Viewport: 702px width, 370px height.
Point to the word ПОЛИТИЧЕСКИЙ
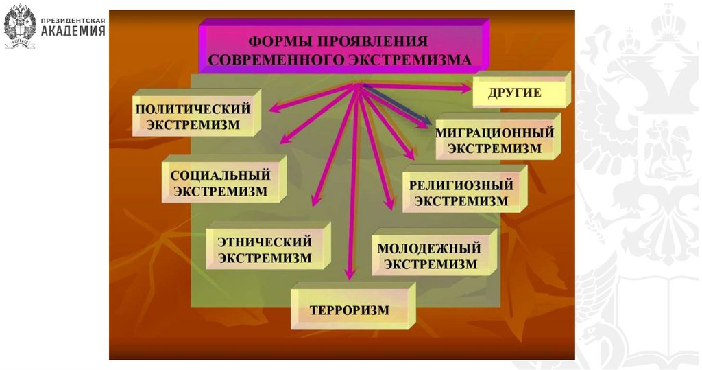(193, 108)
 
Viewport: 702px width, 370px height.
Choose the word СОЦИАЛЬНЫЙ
(220, 175)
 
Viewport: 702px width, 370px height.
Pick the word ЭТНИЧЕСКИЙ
(265, 242)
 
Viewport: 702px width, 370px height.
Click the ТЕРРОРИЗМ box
(349, 310)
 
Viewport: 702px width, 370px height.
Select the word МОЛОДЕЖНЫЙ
(429, 248)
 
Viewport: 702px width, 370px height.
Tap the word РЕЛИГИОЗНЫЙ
(461, 185)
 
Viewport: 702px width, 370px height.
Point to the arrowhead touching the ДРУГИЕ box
(466, 88)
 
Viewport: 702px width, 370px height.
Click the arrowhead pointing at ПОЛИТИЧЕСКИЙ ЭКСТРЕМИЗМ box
(273, 108)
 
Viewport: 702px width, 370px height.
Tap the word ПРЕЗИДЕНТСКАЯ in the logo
(73, 21)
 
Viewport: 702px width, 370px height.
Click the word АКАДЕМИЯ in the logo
(73, 31)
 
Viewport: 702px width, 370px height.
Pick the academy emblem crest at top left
(20, 26)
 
